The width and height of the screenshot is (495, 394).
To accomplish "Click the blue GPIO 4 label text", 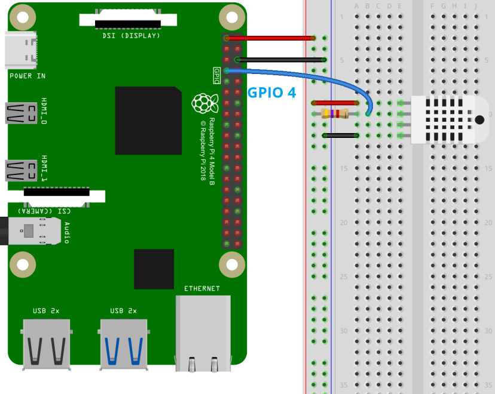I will click(271, 93).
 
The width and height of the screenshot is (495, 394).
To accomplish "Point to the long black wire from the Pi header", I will click(281, 60).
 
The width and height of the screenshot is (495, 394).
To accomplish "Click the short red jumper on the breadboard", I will click(335, 103).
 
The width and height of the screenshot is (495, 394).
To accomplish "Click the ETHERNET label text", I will click(201, 289).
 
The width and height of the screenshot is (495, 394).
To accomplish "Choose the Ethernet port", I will click(203, 332).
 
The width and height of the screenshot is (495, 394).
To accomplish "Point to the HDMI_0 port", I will click(20, 113).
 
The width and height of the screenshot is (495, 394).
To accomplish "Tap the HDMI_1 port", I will click(20, 170).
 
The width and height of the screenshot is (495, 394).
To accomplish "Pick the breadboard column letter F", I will click(433, 7).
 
